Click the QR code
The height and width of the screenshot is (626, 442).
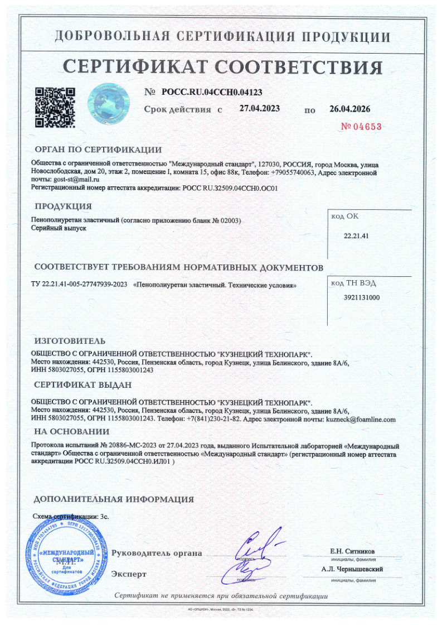click(x=55, y=106)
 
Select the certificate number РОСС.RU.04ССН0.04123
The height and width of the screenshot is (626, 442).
click(x=212, y=92)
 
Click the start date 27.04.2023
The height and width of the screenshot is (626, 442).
click(x=259, y=108)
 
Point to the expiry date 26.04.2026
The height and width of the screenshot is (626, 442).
click(x=349, y=109)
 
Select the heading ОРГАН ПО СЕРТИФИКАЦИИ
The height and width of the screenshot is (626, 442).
click(x=98, y=150)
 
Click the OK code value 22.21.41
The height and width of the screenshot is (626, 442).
click(x=357, y=236)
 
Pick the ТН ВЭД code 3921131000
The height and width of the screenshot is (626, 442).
click(x=362, y=298)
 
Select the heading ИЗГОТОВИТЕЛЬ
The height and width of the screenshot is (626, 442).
click(x=70, y=340)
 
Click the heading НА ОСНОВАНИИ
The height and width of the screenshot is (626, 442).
click(x=71, y=431)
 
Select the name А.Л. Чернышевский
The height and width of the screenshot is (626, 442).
click(x=352, y=569)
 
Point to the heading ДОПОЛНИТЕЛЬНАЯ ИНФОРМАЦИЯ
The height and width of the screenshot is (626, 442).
click(x=114, y=499)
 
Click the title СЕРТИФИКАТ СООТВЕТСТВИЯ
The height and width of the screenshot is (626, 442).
click(x=222, y=66)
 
